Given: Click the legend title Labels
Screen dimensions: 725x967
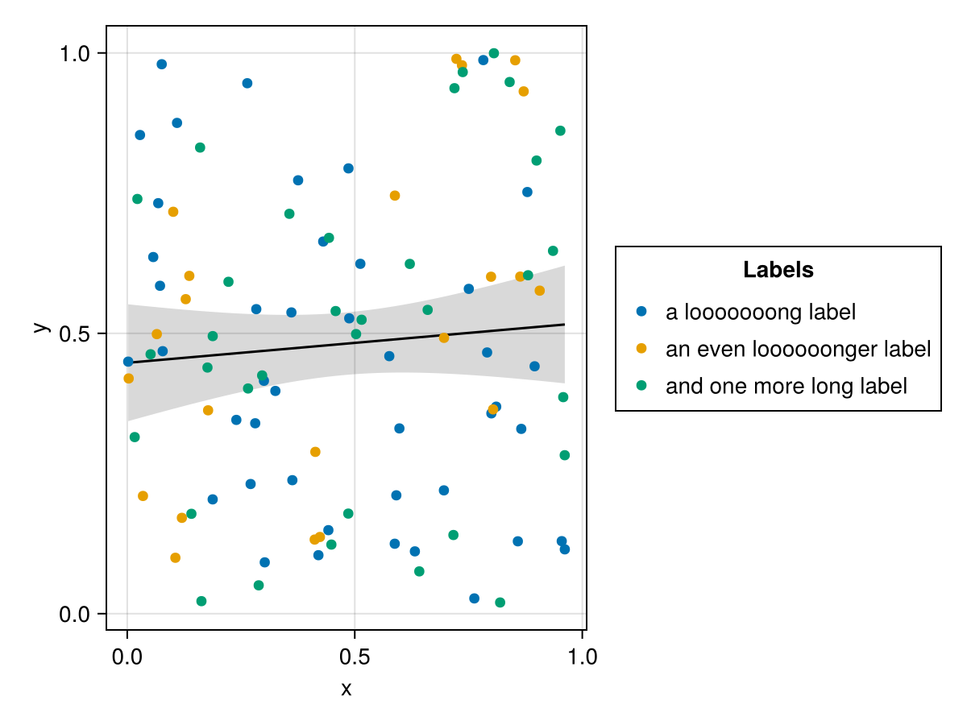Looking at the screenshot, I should (x=778, y=271).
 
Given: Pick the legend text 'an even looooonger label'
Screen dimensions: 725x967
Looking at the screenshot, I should (x=798, y=349).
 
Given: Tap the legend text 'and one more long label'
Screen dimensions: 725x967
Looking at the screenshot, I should (x=786, y=386).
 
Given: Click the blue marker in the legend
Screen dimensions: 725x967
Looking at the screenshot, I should (x=641, y=311).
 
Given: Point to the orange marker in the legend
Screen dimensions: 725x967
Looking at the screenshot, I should (x=641, y=348).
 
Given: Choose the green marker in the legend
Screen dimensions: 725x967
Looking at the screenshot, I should (x=641, y=385).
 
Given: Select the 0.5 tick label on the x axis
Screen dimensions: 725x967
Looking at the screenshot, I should (x=354, y=656).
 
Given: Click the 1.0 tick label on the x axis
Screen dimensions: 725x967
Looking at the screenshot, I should (x=582, y=656).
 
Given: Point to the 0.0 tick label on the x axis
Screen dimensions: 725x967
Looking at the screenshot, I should (x=127, y=656).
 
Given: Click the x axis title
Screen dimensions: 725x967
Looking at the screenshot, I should (x=347, y=690).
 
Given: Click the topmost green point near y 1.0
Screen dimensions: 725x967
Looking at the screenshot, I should (x=494, y=53).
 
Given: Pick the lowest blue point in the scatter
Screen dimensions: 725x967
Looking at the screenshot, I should (x=474, y=599).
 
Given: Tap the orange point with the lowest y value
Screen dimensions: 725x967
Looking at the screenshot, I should (x=175, y=557).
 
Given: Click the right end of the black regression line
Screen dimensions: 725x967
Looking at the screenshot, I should (x=564, y=324).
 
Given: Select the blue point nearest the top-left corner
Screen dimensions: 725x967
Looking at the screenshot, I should (x=161, y=64).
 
